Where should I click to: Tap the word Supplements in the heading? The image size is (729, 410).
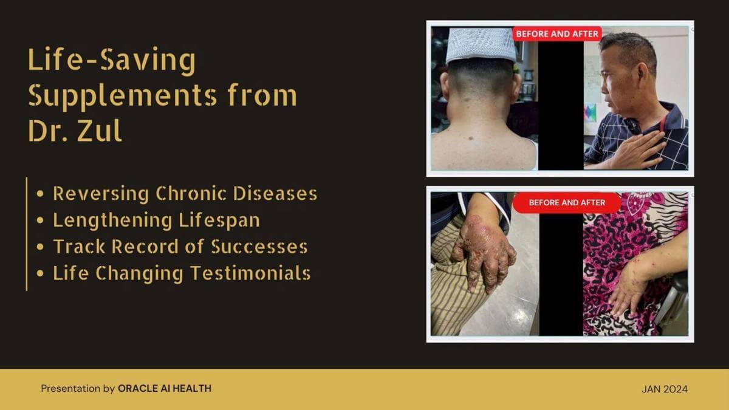click(x=122, y=96)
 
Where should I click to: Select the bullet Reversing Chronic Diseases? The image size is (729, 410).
click(x=185, y=194)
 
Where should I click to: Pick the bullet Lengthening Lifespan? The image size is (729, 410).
click(x=156, y=220)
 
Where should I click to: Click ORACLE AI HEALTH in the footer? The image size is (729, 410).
click(x=165, y=388)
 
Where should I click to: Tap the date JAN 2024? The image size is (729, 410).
click(x=665, y=389)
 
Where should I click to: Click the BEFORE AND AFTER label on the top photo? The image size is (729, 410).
click(x=557, y=34)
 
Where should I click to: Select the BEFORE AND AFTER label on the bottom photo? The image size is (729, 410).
click(x=567, y=202)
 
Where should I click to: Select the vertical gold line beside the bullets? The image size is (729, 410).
click(x=27, y=234)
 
